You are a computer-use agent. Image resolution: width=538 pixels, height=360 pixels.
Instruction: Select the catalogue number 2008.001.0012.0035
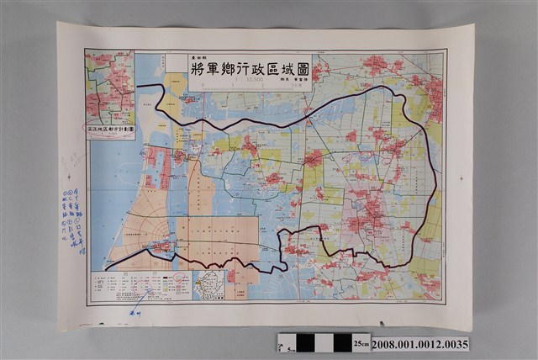point(419,343)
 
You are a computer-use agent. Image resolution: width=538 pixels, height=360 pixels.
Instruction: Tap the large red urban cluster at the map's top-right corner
point(434,93)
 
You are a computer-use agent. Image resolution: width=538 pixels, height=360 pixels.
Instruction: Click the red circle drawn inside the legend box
point(149,294)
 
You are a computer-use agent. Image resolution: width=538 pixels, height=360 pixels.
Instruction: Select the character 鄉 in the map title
point(220,68)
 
